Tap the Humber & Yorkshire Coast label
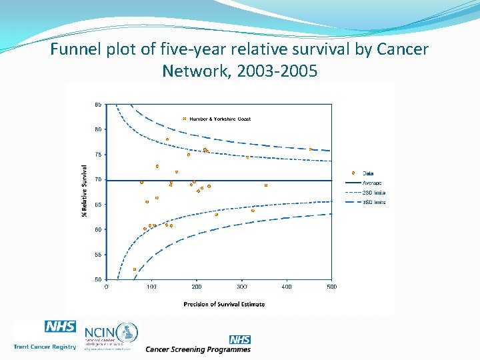220,119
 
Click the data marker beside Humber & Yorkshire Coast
185,119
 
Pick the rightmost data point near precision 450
311,149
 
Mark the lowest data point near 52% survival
135,269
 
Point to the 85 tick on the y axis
98,105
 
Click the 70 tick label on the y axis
98,180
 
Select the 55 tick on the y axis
98,255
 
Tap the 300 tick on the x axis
241,287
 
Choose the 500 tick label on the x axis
331,287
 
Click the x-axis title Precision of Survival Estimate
224,304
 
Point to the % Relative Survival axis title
84,191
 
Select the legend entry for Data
368,173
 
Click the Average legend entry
371,183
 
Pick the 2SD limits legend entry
373,193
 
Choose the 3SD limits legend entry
373,202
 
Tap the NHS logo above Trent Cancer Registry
60,327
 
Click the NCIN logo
111,333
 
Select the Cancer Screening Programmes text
198,349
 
